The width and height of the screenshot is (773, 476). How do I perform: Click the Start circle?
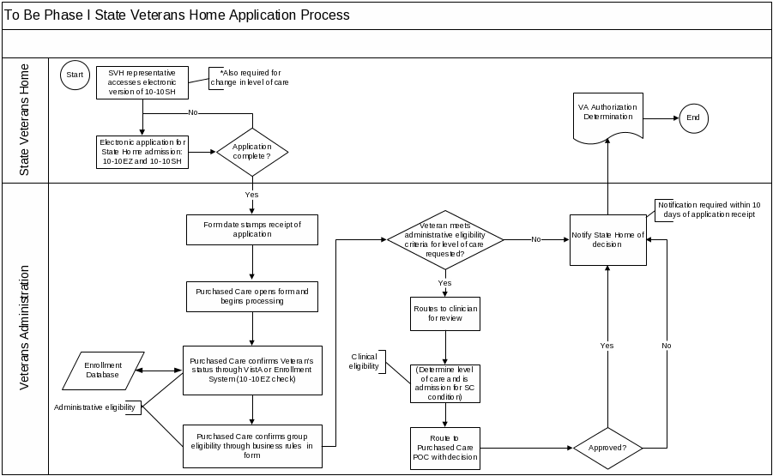pos(75,75)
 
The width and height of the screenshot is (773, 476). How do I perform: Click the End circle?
pos(693,117)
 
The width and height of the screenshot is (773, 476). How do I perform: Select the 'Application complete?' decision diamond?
pos(251,153)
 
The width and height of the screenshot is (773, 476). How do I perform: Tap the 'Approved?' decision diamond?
pos(607,448)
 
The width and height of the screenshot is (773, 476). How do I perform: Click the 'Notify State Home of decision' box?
pos(607,239)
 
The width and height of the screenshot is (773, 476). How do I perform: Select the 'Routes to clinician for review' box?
pos(444,313)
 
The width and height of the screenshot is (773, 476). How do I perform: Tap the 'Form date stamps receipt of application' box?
pos(251,229)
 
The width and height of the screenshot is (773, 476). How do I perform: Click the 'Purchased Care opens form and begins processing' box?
pos(251,296)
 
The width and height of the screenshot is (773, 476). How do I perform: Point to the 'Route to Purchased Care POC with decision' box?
pos(444,448)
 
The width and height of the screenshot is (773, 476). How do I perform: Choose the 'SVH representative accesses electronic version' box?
pos(142,82)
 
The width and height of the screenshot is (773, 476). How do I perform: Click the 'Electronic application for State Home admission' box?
pos(142,151)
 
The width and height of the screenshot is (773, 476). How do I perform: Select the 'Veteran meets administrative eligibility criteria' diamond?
pos(444,239)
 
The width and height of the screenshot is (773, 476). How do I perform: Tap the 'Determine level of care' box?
pos(444,383)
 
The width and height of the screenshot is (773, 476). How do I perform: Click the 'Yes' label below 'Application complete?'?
pos(251,195)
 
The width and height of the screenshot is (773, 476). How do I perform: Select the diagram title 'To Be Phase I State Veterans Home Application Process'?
pos(178,15)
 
